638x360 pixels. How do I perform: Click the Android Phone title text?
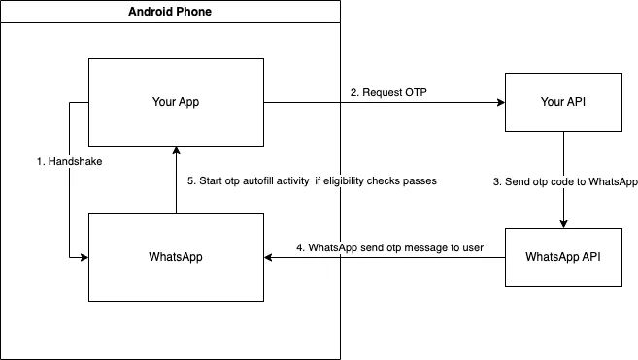[x=170, y=12]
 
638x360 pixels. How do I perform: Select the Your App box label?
[x=176, y=102]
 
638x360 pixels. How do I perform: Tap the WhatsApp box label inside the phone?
[x=176, y=257]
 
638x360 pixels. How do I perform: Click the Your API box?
[x=563, y=103]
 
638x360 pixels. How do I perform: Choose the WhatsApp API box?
[x=563, y=257]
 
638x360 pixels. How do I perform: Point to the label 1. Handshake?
[x=69, y=161]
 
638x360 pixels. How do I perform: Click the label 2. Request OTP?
[x=388, y=93]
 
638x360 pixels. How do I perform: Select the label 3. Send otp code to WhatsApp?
[x=565, y=181]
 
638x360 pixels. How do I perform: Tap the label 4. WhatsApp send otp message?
[x=389, y=247]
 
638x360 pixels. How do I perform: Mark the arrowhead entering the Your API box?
[x=501, y=103]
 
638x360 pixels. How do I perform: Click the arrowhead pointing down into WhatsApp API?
[x=563, y=224]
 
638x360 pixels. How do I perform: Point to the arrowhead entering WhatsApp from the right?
[x=268, y=257]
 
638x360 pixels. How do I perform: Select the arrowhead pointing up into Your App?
[x=176, y=150]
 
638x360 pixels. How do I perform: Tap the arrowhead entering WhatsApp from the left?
[x=84, y=257]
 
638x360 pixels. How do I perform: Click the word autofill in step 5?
[x=258, y=181]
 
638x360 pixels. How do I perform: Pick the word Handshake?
[x=76, y=161]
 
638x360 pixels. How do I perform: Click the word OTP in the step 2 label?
[x=416, y=93]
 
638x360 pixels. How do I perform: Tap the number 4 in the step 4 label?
[x=299, y=247]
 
